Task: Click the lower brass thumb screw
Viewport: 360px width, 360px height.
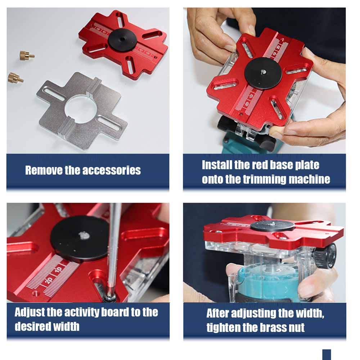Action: coord(15,78)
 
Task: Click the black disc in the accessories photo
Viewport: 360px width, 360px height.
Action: coord(122,40)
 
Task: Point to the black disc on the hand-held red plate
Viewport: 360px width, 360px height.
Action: coord(263,73)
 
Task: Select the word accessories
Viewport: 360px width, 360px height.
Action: coord(111,170)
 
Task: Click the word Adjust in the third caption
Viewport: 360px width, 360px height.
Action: coord(30,312)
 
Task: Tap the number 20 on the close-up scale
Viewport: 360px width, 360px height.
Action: coord(49,280)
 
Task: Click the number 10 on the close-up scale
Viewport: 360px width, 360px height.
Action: coord(58,270)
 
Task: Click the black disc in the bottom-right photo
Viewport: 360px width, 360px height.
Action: coord(272,225)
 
